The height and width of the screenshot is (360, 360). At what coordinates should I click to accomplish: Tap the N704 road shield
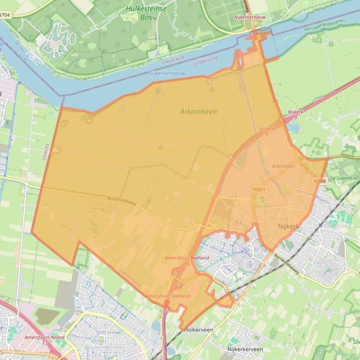pyautogui.click(x=5, y=15)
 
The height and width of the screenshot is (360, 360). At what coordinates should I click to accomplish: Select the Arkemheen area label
pyautogui.click(x=198, y=111)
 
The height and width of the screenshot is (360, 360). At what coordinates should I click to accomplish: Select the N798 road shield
pyautogui.click(x=320, y=181)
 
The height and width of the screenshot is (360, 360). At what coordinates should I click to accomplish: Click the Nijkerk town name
pyautogui.click(x=288, y=226)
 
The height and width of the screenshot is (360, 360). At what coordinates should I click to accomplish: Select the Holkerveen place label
pyautogui.click(x=198, y=330)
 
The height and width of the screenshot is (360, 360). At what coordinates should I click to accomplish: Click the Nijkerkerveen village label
pyautogui.click(x=245, y=349)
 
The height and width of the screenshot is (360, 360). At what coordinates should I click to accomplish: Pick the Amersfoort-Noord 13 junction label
pyautogui.click(x=45, y=340)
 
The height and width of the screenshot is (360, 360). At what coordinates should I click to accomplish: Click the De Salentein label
pyautogui.click(x=343, y=178)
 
